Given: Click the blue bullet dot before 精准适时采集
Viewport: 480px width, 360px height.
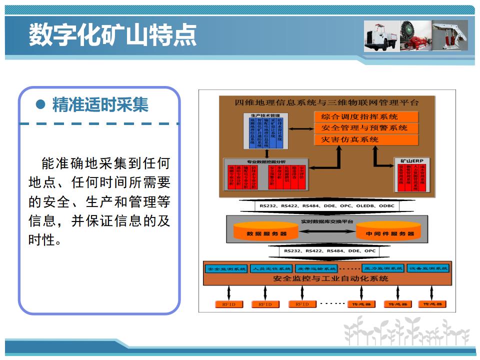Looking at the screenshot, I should [x=41, y=105].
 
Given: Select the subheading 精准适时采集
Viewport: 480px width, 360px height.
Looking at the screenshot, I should [x=100, y=105].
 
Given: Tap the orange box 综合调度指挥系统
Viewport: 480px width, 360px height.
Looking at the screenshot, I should [x=366, y=116].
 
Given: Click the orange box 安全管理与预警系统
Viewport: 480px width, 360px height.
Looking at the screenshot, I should [x=366, y=128].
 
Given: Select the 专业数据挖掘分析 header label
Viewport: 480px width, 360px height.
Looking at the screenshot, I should [x=265, y=162].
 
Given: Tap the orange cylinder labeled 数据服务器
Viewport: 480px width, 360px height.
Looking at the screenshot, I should [x=265, y=232].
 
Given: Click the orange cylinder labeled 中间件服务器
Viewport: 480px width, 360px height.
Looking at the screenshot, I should [x=389, y=232].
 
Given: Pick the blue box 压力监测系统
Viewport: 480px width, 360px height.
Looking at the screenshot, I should [x=383, y=268].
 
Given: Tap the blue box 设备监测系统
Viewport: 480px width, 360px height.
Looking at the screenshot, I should [x=428, y=268].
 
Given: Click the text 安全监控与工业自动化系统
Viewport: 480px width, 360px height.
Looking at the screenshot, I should [x=327, y=278].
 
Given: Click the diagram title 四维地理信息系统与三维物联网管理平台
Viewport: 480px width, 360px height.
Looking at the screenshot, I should [x=327, y=102].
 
